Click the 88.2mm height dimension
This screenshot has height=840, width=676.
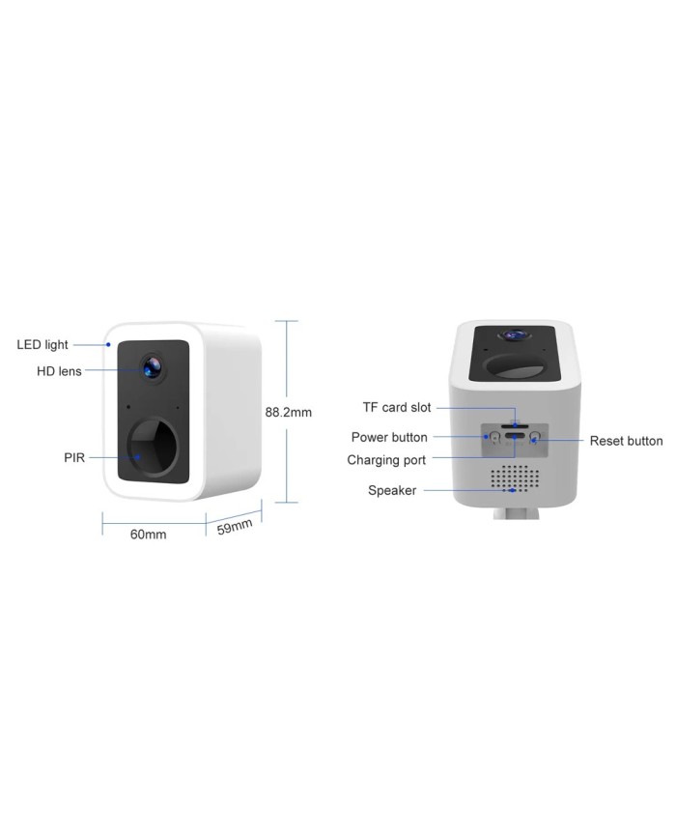(x=288, y=412)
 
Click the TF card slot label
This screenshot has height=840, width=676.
(x=396, y=408)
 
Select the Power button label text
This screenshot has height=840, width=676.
(x=389, y=438)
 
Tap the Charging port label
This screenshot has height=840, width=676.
(x=386, y=460)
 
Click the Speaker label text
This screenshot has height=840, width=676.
(x=392, y=490)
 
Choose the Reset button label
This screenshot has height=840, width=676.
(x=626, y=441)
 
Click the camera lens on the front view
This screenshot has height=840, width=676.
(x=153, y=366)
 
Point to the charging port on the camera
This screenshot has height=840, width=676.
(x=514, y=438)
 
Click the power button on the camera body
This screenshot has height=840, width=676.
(x=494, y=438)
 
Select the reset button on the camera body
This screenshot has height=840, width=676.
(x=534, y=438)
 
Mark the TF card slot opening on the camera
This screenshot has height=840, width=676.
(x=514, y=423)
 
